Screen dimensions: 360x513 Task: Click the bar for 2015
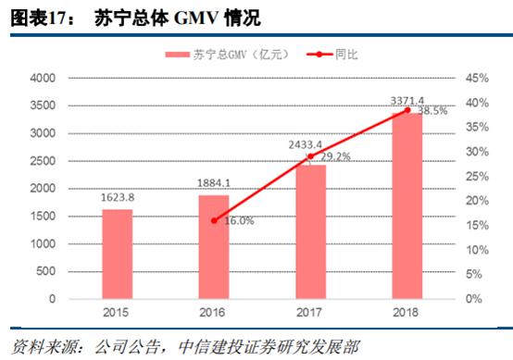tap(118, 254)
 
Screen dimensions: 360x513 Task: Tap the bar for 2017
tap(310, 231)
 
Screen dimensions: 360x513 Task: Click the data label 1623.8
tap(118, 198)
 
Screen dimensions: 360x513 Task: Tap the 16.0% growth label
tap(237, 220)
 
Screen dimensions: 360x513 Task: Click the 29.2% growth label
tap(334, 156)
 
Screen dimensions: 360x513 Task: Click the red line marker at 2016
tap(214, 220)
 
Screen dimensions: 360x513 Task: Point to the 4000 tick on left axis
tap(44, 80)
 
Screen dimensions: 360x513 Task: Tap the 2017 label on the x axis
tap(310, 314)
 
